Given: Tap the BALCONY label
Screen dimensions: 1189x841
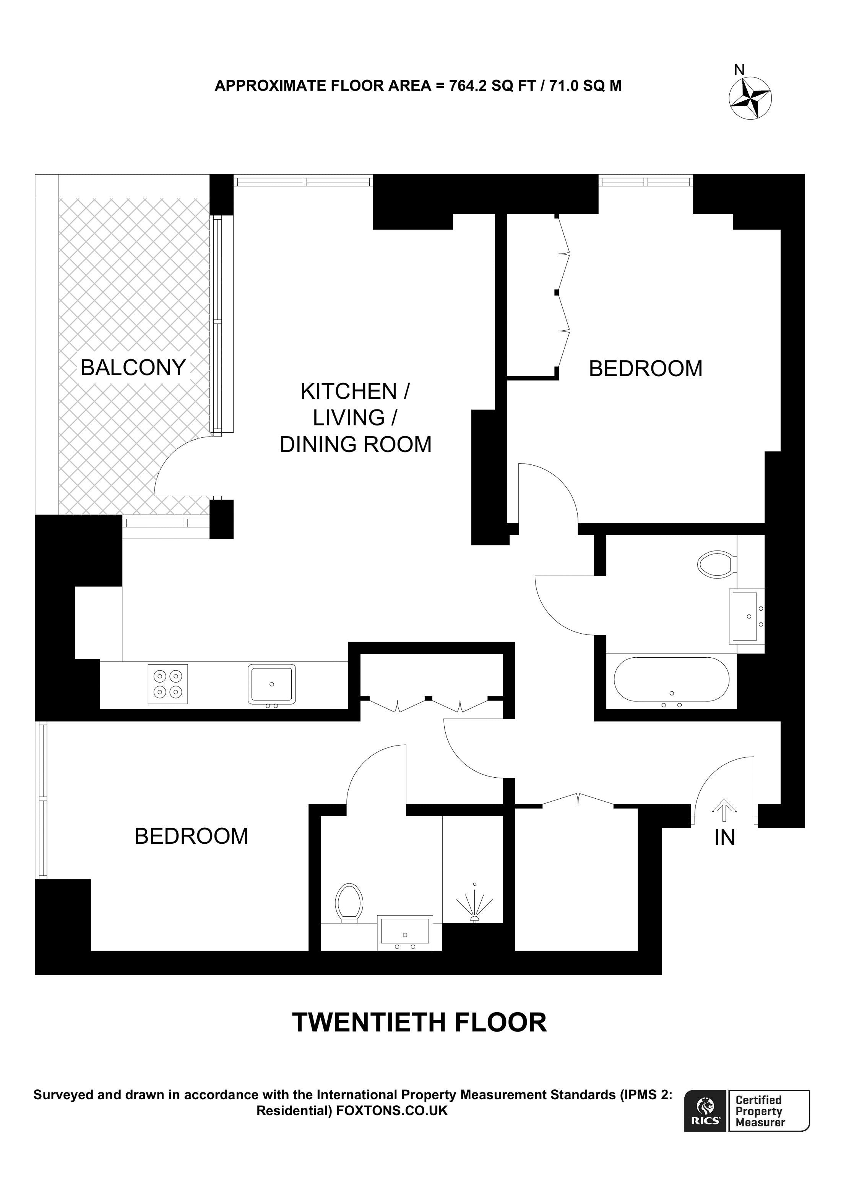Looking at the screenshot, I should [133, 368].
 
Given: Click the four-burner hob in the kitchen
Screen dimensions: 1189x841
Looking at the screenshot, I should [168, 684].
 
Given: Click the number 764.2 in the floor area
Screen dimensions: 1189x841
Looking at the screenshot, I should [468, 86].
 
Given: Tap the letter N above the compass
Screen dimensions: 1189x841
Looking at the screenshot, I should [739, 70].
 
